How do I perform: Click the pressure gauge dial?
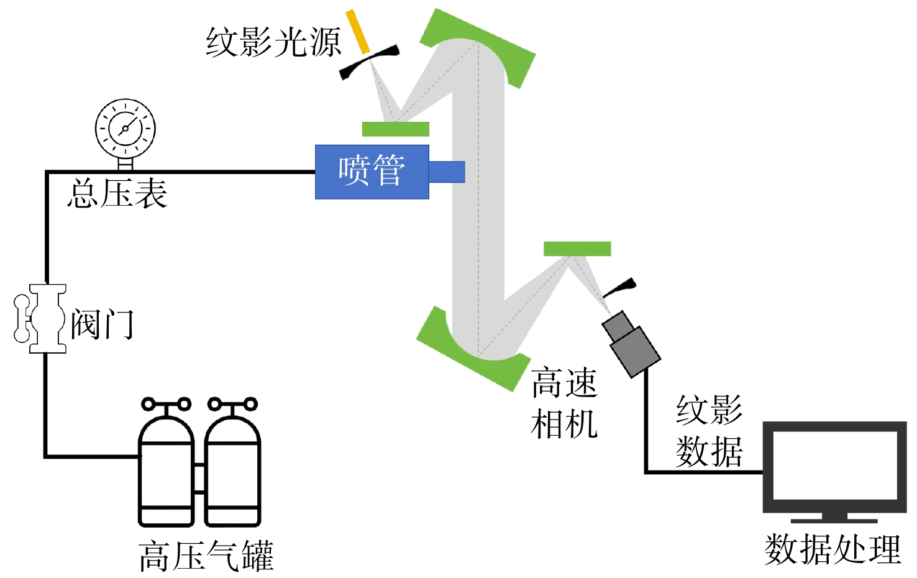click(125, 129)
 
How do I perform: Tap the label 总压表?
click(117, 193)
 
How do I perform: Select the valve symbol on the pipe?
click(40, 319)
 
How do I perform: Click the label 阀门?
click(103, 324)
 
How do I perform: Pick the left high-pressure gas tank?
click(167, 462)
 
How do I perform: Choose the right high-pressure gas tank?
click(232, 462)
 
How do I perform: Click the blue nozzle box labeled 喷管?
click(372, 172)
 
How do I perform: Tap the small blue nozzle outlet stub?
click(447, 172)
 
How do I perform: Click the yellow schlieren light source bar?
click(358, 32)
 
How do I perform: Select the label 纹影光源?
click(273, 42)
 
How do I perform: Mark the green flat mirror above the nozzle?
click(396, 129)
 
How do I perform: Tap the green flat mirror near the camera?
click(577, 249)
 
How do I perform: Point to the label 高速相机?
click(565, 403)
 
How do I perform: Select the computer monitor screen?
click(835, 467)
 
